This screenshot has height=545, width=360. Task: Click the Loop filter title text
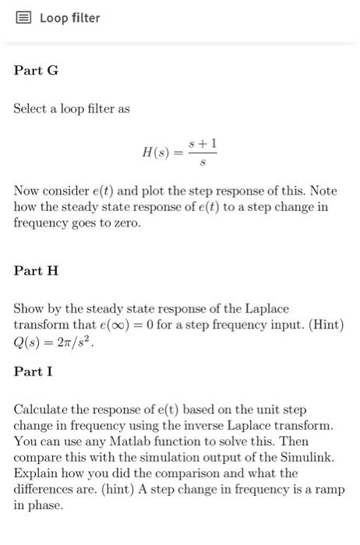70,18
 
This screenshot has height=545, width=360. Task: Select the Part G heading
36,71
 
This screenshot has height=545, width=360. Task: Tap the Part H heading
36,271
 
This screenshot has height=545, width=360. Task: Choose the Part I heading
34,371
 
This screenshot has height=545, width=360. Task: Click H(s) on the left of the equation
157,153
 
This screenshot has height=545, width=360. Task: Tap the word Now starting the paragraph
26,191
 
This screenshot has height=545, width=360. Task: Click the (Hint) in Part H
326,325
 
